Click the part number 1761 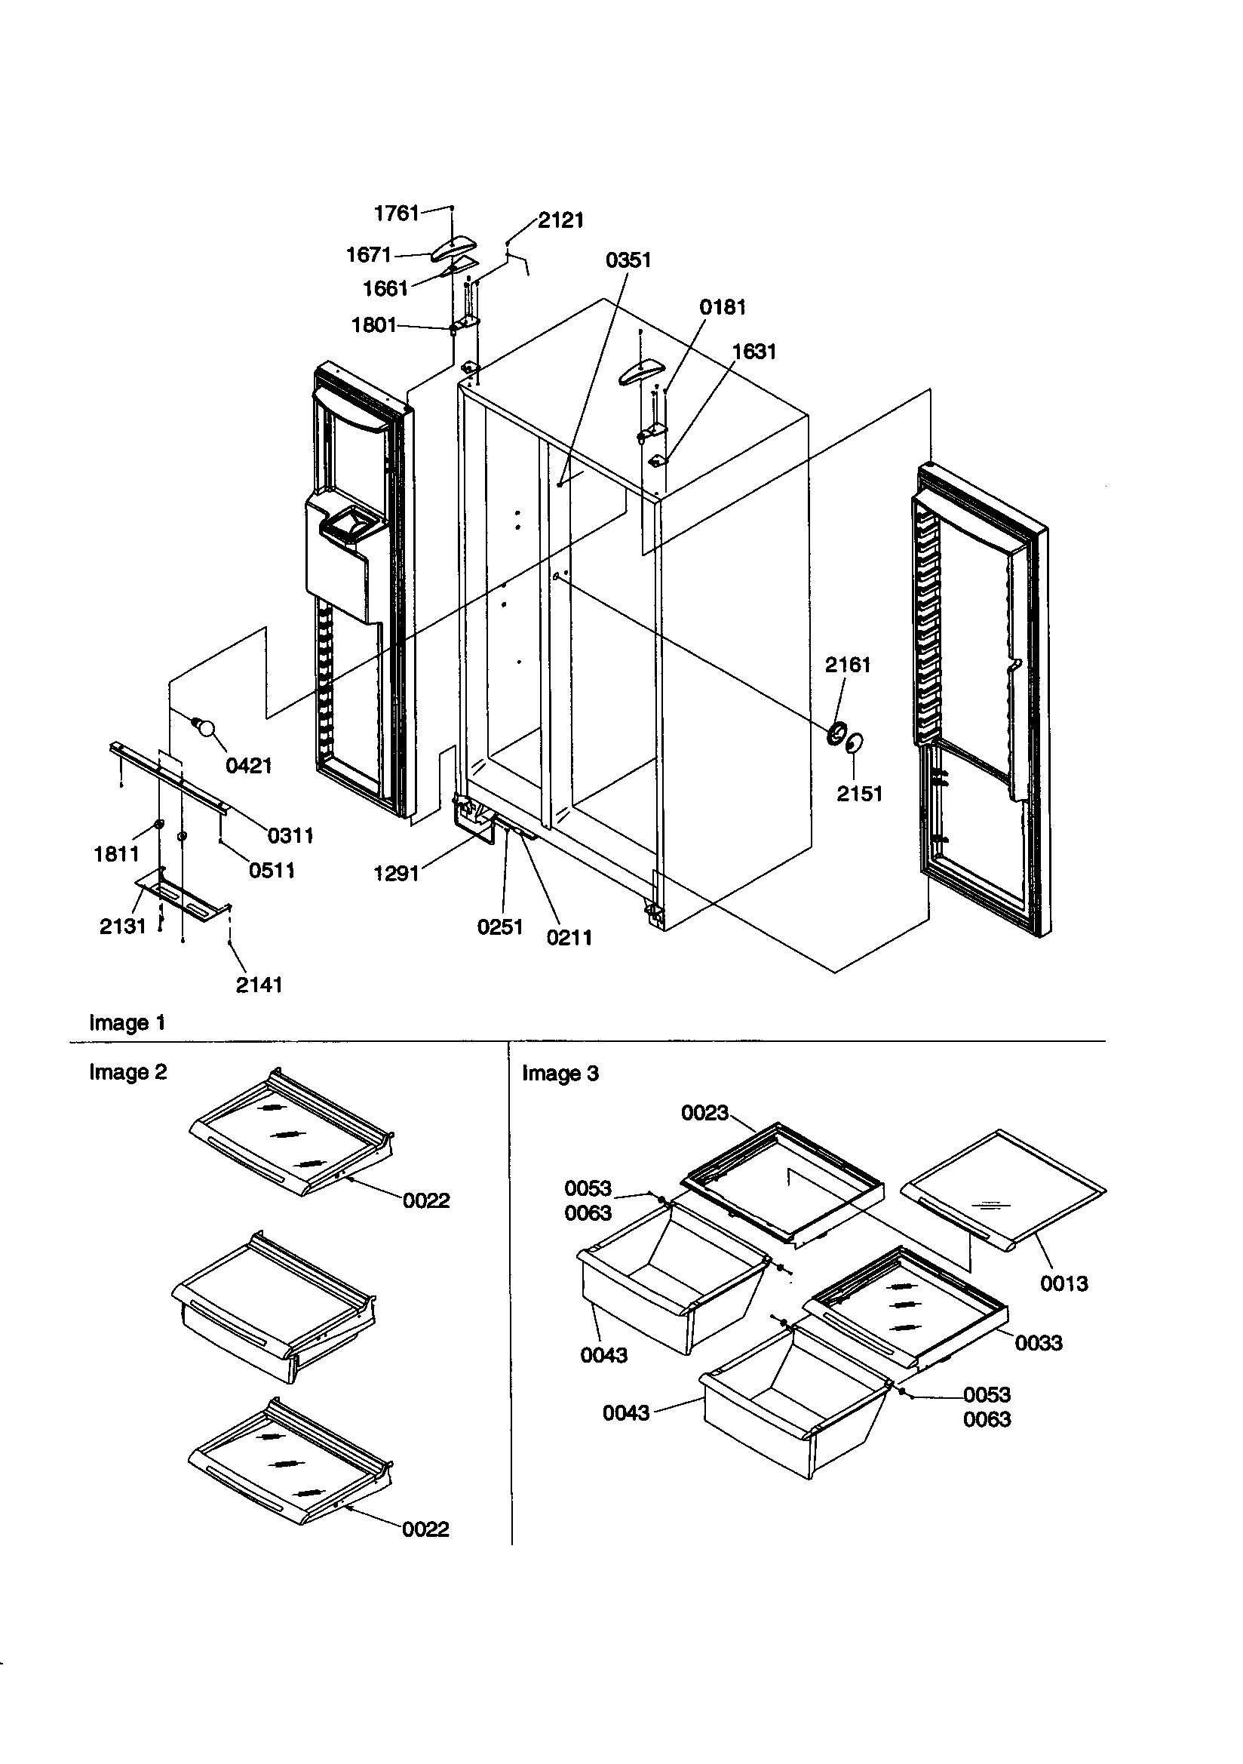coord(396,213)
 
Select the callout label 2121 coord(560,220)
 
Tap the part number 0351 coord(628,260)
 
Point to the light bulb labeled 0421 coord(204,727)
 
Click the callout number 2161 coord(847,665)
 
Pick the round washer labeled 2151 coord(854,743)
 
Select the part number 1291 coord(396,874)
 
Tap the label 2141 coord(259,985)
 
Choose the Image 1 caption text coord(127,1022)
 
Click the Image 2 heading coord(127,1073)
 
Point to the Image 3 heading coord(560,1074)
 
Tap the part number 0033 coord(1038,1343)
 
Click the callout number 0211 coord(569,937)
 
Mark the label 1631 coord(753,352)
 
